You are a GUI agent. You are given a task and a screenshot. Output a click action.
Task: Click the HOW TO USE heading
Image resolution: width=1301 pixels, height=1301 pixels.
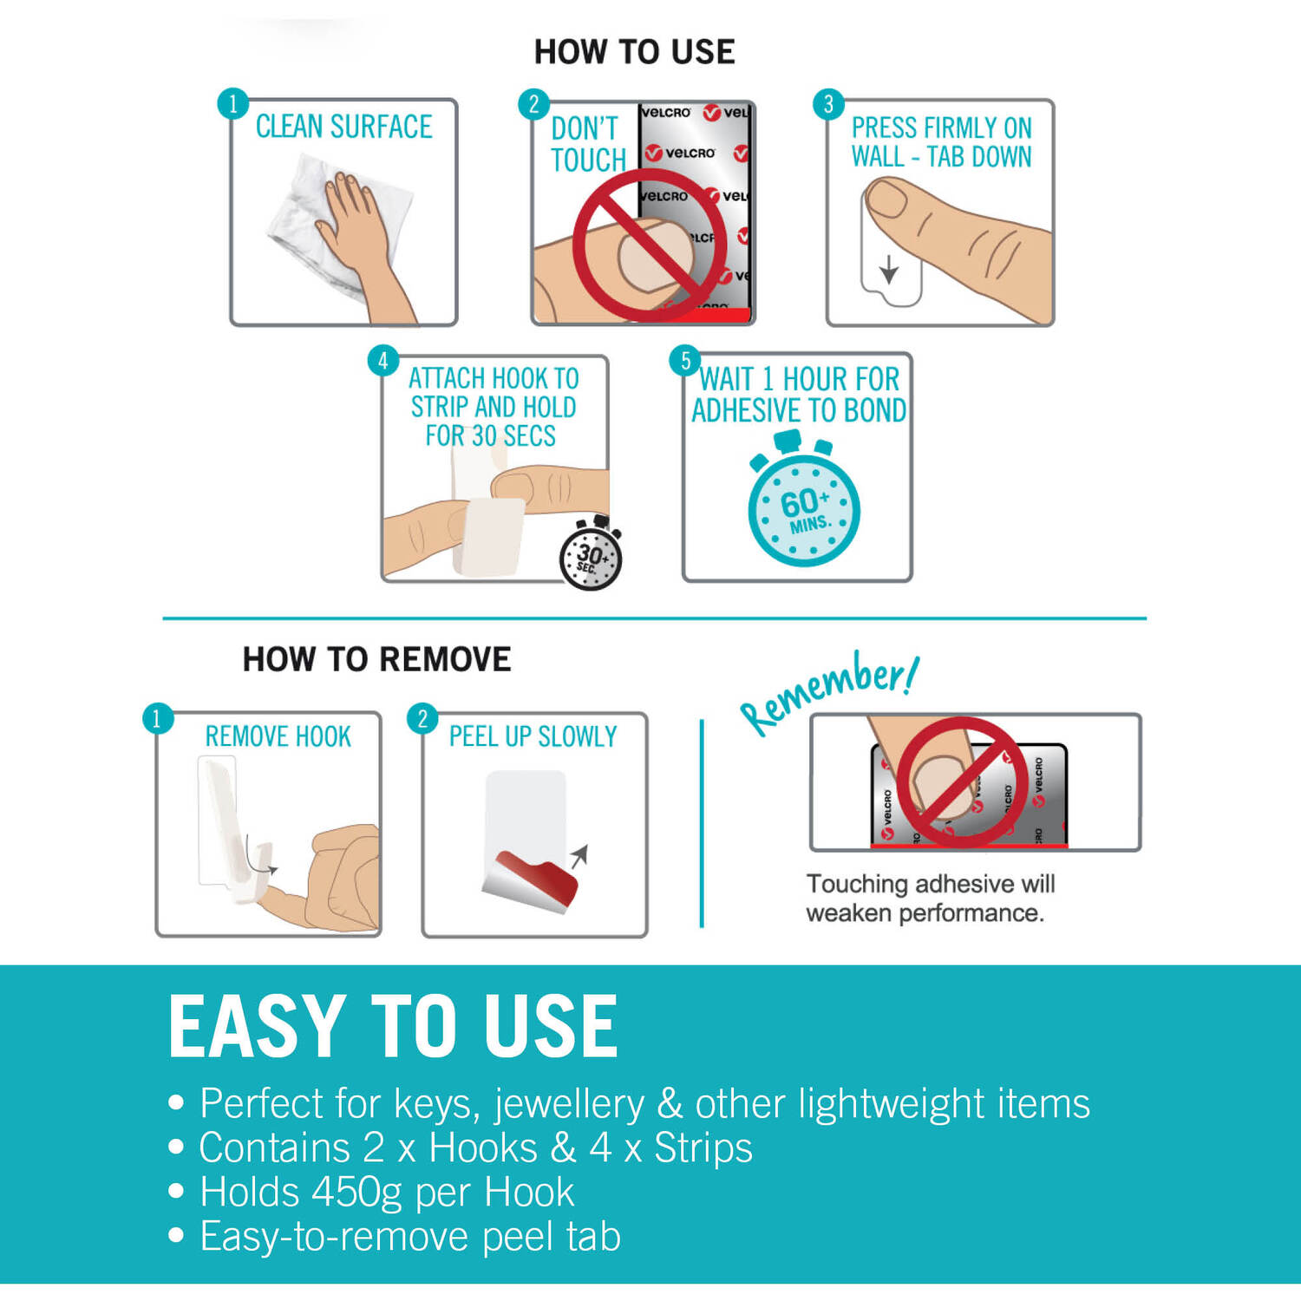point(634,52)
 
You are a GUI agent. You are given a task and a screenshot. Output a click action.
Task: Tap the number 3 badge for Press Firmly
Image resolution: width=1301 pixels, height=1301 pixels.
point(828,105)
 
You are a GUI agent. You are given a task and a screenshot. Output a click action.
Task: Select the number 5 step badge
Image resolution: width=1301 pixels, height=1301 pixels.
point(685,361)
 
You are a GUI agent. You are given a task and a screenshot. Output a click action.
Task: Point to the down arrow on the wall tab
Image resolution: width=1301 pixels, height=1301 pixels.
point(889,270)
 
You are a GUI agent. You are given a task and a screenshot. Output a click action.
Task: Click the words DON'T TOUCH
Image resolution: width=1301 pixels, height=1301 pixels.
point(588,144)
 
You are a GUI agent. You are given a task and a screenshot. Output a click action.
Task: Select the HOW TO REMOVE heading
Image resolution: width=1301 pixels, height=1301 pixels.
point(376,659)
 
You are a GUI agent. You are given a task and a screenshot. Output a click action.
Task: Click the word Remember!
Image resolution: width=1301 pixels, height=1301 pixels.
point(828,692)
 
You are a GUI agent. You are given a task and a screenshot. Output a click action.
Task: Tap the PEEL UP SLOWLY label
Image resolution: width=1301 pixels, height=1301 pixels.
point(533,736)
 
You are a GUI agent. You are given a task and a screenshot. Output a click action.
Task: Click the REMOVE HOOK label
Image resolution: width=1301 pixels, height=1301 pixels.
point(278,736)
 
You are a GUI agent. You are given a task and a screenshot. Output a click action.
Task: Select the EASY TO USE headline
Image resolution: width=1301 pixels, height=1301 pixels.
point(393,1026)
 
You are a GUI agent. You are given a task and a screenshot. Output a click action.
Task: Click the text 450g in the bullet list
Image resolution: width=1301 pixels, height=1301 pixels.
point(357,1193)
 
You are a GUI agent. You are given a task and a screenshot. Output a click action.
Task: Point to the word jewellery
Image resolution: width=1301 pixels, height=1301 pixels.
point(569,1104)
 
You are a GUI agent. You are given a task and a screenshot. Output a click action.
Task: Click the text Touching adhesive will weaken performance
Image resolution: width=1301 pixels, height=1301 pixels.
point(930,898)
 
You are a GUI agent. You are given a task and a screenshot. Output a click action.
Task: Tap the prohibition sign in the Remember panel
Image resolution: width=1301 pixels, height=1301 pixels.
point(960,781)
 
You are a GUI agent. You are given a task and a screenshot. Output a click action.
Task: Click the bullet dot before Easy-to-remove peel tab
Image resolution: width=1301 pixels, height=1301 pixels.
point(176,1235)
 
